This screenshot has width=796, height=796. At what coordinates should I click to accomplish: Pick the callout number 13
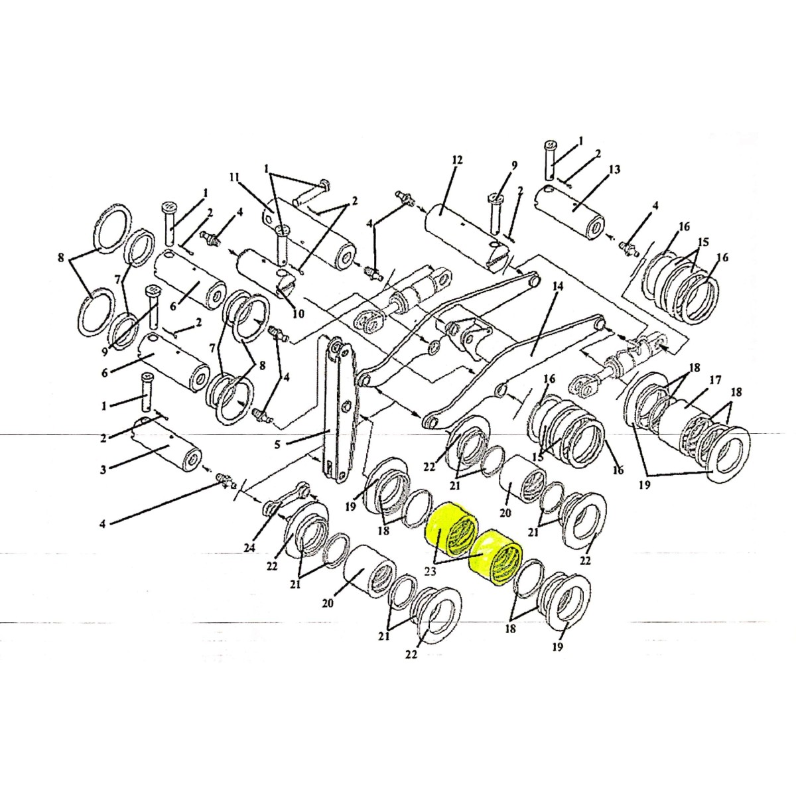[x=614, y=170]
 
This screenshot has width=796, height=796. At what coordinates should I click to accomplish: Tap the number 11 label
[x=235, y=178]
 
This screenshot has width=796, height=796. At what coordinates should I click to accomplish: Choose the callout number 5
[x=277, y=445]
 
